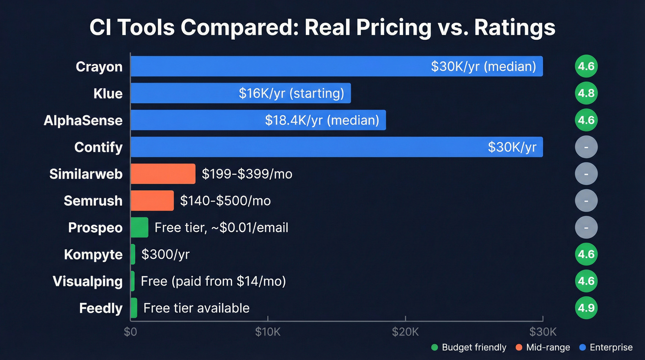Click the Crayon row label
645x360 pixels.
click(99, 67)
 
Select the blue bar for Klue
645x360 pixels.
click(240, 94)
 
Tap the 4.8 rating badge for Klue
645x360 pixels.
click(586, 94)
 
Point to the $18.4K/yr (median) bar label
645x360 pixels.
click(322, 120)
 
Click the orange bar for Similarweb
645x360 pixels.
click(163, 174)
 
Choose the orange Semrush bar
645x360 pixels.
click(152, 201)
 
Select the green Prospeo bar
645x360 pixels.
click(139, 227)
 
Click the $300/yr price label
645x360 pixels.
click(165, 254)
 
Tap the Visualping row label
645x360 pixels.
click(88, 281)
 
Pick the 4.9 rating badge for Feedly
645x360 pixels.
click(586, 308)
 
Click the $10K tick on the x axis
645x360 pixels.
click(268, 332)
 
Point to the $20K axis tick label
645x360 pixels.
click(405, 332)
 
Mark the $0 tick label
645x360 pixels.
click(130, 332)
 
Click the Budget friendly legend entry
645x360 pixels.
click(469, 348)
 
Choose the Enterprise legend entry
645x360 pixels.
click(606, 348)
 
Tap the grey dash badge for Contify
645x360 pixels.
click(586, 147)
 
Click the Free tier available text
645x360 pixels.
click(196, 308)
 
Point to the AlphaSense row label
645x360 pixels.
click(83, 120)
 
